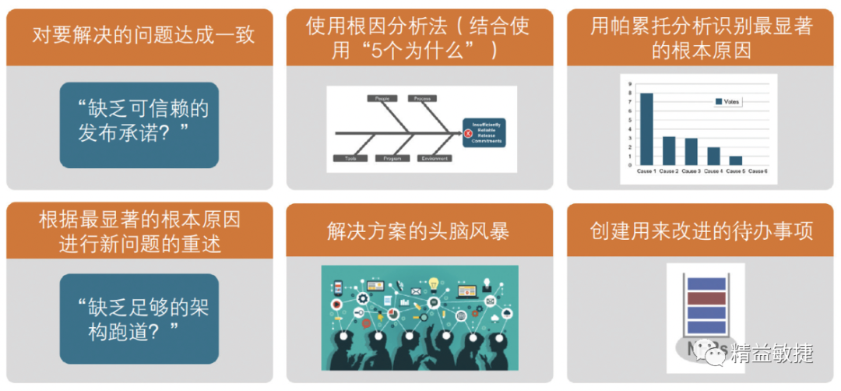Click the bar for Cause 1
point(646,129)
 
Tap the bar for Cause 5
point(735,160)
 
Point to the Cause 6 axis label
point(758,171)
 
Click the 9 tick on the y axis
point(630,85)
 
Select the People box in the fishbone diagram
point(382,99)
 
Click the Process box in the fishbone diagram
point(423,99)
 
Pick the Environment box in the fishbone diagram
point(435,158)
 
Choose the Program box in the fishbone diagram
point(392,158)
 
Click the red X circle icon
point(469,133)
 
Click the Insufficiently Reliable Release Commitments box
point(486,133)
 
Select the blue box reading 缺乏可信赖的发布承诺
point(139,125)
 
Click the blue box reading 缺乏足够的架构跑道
point(139,319)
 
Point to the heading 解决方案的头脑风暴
point(419,231)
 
